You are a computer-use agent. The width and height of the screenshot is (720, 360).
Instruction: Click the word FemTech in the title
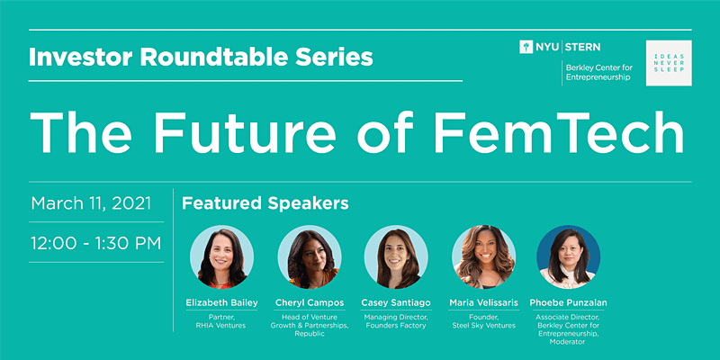point(559,132)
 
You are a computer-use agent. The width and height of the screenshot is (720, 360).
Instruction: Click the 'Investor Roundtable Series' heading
point(201,57)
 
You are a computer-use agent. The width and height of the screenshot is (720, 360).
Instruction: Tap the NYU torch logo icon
point(526,47)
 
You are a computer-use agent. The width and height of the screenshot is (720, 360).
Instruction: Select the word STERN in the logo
point(582,47)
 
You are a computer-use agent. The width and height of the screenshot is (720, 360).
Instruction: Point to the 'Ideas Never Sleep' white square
point(669,63)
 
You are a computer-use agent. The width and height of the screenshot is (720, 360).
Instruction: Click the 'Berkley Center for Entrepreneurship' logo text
point(599,73)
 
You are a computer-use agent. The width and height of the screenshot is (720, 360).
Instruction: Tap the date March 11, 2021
point(91,203)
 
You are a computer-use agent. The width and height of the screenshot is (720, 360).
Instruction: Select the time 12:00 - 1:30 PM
point(96,243)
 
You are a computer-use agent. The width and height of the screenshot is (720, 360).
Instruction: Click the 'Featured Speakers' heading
point(265,203)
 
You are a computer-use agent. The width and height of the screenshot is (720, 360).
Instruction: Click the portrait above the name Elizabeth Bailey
point(221,256)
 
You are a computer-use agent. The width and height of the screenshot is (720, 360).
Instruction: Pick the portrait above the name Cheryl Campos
point(310,256)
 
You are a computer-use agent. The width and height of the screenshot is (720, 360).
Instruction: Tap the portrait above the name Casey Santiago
point(396,256)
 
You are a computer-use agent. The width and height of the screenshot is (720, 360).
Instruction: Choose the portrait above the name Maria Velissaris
point(483,256)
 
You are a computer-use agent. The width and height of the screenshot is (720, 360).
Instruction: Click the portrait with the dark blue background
point(569,256)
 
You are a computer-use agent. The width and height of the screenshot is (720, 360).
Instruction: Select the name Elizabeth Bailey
point(221,303)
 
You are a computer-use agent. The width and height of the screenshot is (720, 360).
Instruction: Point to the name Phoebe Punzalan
point(569,303)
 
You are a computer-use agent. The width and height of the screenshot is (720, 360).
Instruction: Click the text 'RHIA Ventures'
point(221,326)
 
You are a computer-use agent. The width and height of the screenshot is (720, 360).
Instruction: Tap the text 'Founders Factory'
point(396,326)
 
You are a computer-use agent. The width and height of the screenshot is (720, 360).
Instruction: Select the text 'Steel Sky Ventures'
point(484,326)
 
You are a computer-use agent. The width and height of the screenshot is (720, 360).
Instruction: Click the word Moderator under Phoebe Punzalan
point(569,342)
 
